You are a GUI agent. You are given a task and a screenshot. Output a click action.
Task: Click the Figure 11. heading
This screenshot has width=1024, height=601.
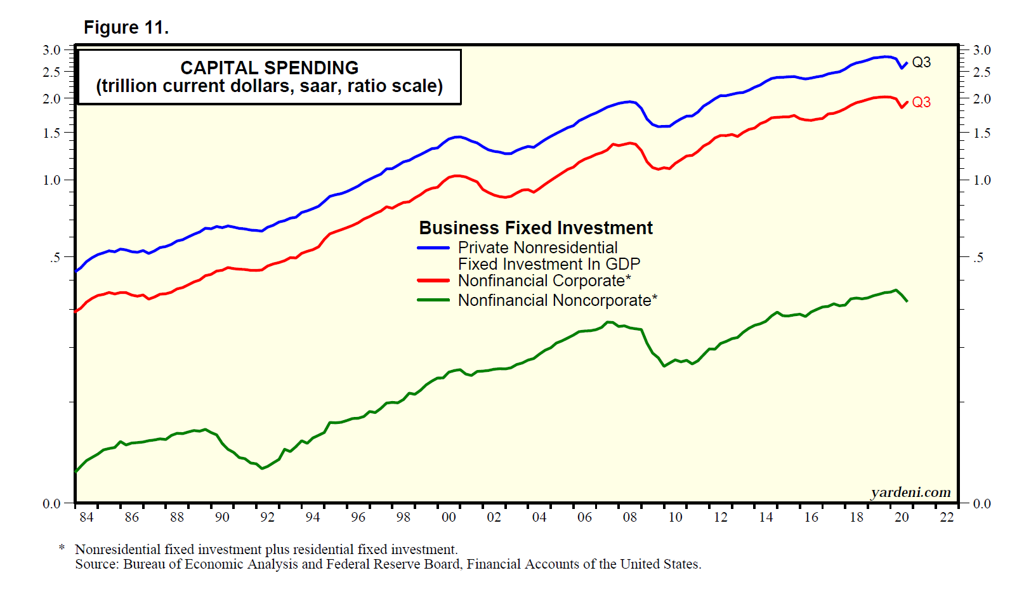click(x=126, y=28)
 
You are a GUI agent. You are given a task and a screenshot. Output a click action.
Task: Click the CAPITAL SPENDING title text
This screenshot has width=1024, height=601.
click(x=269, y=68)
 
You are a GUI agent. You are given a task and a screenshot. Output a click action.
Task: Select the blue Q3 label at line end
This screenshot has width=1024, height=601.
click(x=921, y=62)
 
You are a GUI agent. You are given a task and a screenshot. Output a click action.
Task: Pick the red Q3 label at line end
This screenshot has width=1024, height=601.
click(x=921, y=102)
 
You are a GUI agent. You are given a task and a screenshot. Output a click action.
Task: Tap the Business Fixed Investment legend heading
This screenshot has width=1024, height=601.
click(x=535, y=228)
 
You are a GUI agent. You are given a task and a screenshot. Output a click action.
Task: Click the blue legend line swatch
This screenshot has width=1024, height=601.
click(x=433, y=248)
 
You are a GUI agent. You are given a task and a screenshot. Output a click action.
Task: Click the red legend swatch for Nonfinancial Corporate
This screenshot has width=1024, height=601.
click(x=433, y=281)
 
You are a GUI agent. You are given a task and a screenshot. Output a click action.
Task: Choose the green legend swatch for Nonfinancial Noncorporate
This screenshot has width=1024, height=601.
click(x=433, y=300)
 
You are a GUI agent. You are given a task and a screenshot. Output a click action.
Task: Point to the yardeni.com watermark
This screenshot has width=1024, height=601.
click(x=910, y=492)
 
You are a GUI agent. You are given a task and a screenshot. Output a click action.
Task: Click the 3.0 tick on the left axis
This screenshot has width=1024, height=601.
click(x=51, y=50)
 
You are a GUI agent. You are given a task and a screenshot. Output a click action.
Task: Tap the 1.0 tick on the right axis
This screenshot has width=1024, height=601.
click(x=982, y=180)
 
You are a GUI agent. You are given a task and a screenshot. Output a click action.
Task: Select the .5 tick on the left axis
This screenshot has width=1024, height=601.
click(x=55, y=258)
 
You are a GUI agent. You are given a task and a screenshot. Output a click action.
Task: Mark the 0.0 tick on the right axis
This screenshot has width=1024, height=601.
click(x=982, y=504)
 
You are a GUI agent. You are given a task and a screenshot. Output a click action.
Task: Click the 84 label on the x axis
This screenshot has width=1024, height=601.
click(x=86, y=517)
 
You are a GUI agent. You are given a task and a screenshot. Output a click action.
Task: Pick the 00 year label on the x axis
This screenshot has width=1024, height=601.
click(x=449, y=517)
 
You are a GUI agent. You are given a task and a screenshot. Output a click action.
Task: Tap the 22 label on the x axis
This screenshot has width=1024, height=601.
click(x=947, y=517)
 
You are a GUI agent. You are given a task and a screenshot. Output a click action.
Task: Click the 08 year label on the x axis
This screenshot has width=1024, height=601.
click(x=629, y=517)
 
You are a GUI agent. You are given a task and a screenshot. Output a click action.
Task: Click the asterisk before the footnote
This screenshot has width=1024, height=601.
click(x=62, y=548)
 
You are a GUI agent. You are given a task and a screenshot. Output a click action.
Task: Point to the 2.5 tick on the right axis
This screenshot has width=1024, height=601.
click(x=982, y=72)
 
